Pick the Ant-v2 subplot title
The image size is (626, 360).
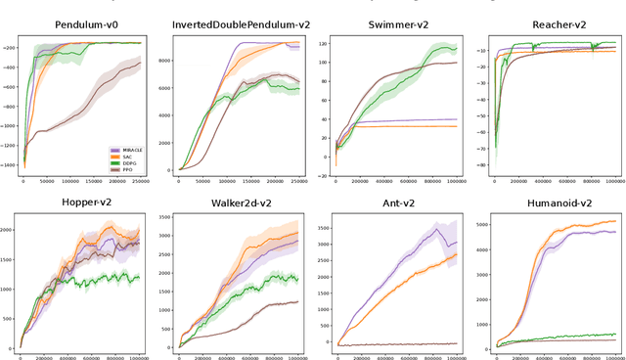394,203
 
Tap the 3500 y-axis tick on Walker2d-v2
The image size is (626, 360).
167,218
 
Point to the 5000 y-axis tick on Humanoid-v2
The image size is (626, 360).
481,226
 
